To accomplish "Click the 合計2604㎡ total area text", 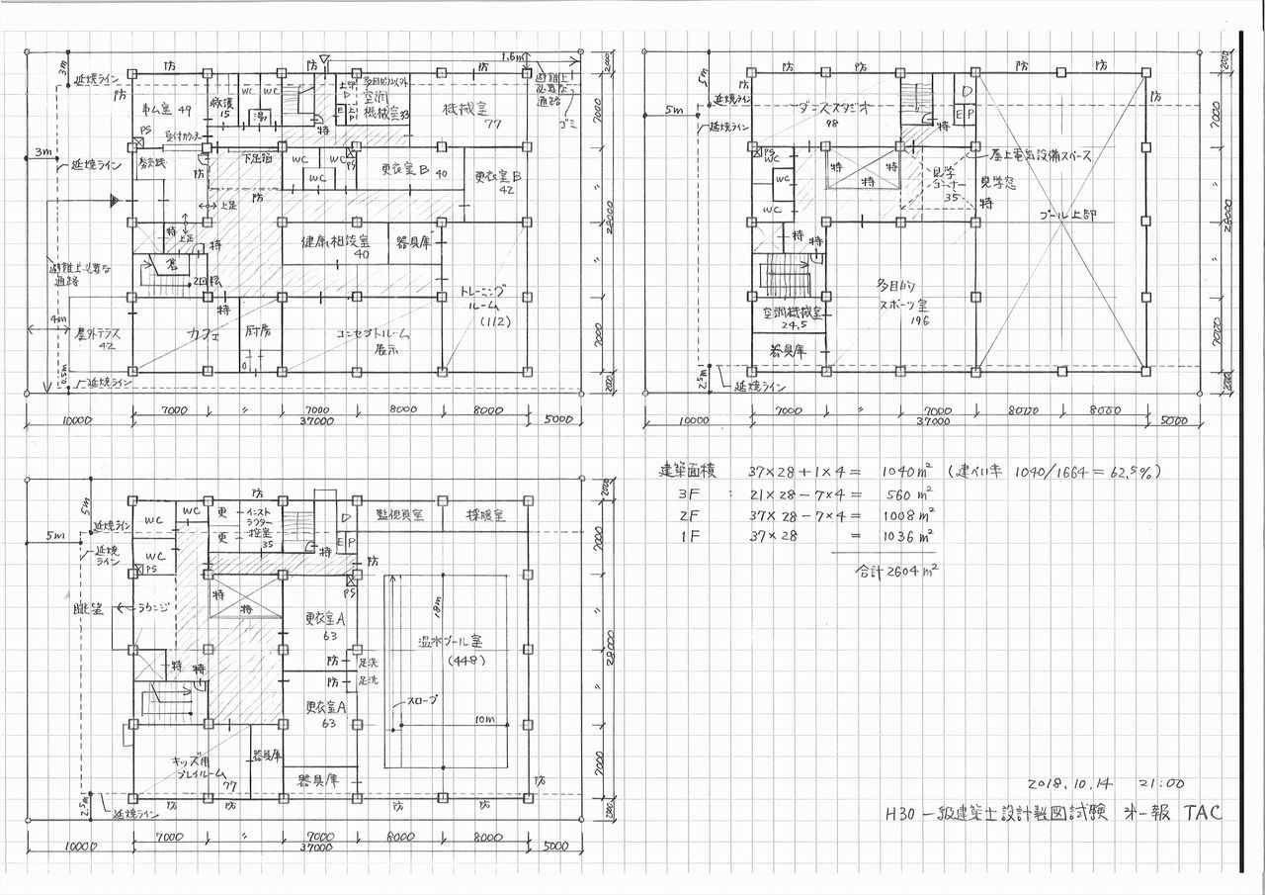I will [892, 571].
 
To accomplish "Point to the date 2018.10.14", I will [1072, 782].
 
